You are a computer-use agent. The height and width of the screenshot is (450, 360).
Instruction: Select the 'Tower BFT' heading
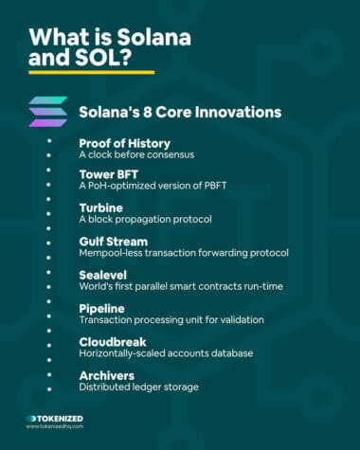(x=107, y=175)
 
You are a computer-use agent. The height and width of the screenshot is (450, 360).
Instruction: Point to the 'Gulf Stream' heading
(x=114, y=242)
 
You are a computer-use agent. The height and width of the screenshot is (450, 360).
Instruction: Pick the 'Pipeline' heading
(x=104, y=308)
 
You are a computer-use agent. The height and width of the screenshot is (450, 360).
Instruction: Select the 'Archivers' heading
(x=107, y=374)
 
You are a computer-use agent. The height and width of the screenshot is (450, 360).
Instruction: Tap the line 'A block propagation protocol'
(x=144, y=220)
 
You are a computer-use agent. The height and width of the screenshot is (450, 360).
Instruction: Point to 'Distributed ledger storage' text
(x=137, y=387)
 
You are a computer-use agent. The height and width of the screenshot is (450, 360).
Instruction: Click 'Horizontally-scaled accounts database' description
(x=166, y=353)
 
